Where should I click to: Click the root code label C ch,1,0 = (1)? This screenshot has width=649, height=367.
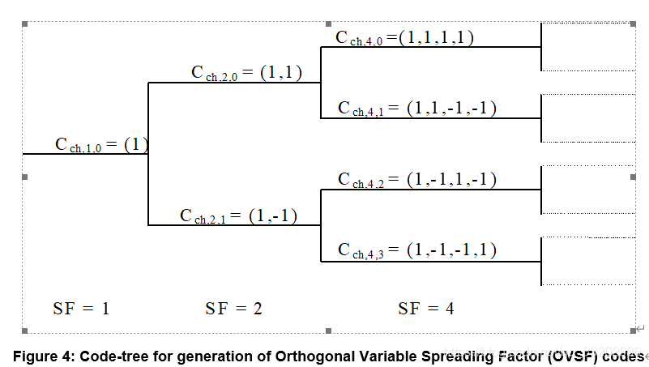pos(101,145)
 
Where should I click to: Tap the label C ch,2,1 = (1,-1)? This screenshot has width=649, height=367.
pos(239,216)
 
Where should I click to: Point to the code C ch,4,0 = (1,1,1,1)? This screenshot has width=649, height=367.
pos(404,37)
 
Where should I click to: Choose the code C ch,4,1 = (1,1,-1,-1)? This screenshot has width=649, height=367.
pos(416,108)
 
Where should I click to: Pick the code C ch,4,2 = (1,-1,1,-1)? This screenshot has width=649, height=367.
pos(416,180)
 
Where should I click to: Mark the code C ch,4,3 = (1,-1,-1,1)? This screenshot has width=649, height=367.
pos(416,250)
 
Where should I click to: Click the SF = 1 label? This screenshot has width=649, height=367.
pos(81,308)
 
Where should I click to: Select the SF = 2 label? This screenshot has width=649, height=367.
pos(233,308)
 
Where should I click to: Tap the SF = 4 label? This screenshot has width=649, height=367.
pos(426,308)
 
